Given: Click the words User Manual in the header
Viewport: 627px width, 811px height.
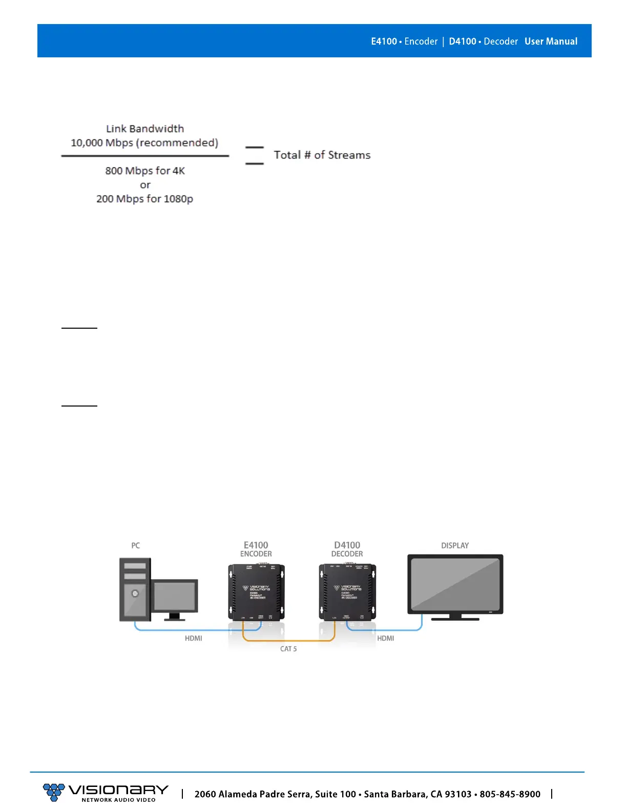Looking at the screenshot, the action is pyautogui.click(x=551, y=41).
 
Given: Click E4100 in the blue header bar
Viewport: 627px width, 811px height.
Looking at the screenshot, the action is pyautogui.click(x=384, y=41).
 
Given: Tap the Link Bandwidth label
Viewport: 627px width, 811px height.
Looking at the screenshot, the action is pyautogui.click(x=145, y=129).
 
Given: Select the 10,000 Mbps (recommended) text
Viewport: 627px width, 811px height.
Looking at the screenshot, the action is pyautogui.click(x=144, y=143).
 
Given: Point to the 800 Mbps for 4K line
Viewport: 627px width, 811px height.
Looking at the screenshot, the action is pyautogui.click(x=145, y=171).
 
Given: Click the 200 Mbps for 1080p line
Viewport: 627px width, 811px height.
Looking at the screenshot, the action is pyautogui.click(x=145, y=199).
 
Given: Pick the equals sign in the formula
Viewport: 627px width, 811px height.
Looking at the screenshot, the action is pyautogui.click(x=254, y=155).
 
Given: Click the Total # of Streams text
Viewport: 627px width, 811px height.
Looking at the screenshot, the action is pyautogui.click(x=322, y=155).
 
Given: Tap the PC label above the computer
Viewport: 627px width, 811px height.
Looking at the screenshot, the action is pyautogui.click(x=135, y=546).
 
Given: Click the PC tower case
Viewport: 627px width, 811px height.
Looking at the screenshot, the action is pyautogui.click(x=135, y=589).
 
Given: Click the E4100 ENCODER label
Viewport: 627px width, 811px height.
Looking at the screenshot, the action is pyautogui.click(x=256, y=549).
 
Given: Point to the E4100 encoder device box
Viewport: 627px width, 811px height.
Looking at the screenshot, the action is pyautogui.click(x=256, y=592).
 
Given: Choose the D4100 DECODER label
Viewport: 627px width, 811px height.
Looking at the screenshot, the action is pyautogui.click(x=347, y=549).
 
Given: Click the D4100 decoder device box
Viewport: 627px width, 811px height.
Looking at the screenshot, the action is pyautogui.click(x=347, y=592).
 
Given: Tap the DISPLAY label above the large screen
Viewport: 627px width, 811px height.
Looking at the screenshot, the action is pyautogui.click(x=455, y=546).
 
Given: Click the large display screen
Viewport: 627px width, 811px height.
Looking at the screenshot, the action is pyautogui.click(x=455, y=584).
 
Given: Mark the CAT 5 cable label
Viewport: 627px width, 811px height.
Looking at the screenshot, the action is pyautogui.click(x=288, y=649).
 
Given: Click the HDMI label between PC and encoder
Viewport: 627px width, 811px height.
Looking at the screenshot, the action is pyautogui.click(x=194, y=638).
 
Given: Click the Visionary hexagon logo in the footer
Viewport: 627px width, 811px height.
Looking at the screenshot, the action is pyautogui.click(x=53, y=792).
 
